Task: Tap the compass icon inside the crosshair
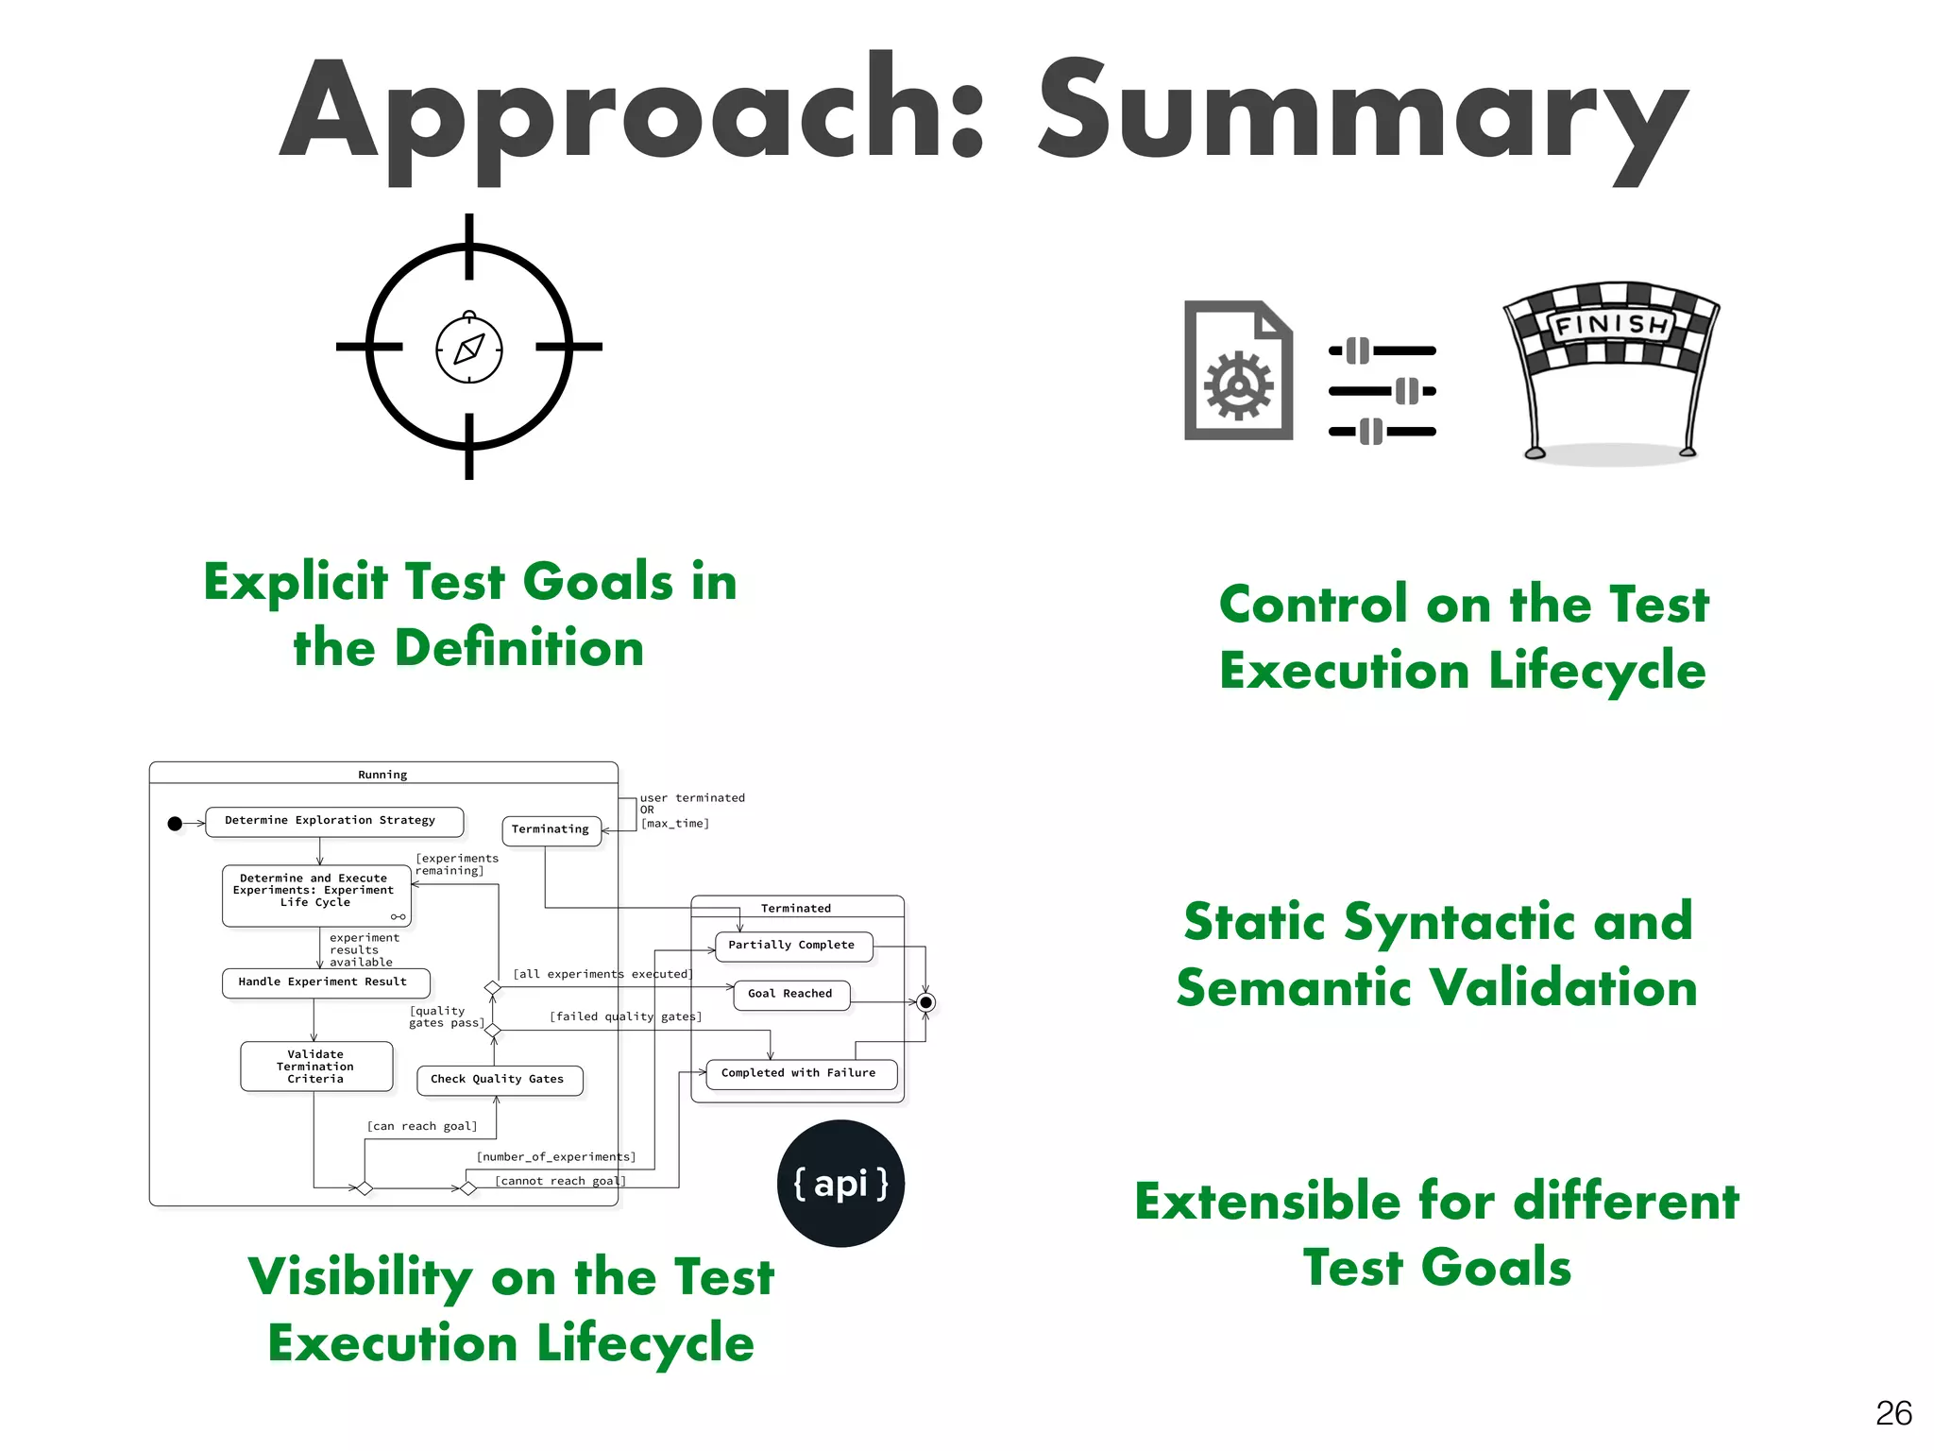(x=469, y=349)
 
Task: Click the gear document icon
(x=1238, y=371)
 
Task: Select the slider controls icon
(x=1382, y=390)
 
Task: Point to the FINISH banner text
(x=1611, y=326)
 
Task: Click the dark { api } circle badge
(x=840, y=1184)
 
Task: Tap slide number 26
(x=1892, y=1413)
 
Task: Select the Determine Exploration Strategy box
(x=333, y=821)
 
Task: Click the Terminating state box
(x=551, y=829)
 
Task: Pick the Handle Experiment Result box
(x=325, y=982)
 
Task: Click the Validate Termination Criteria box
(x=315, y=1067)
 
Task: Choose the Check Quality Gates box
(x=499, y=1080)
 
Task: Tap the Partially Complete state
(x=792, y=946)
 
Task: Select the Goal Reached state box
(x=790, y=994)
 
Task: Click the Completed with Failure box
(x=800, y=1073)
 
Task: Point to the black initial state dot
(x=175, y=824)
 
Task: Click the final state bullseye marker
(x=925, y=1002)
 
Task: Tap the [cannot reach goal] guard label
(x=560, y=1181)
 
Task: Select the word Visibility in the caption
(x=360, y=1278)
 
